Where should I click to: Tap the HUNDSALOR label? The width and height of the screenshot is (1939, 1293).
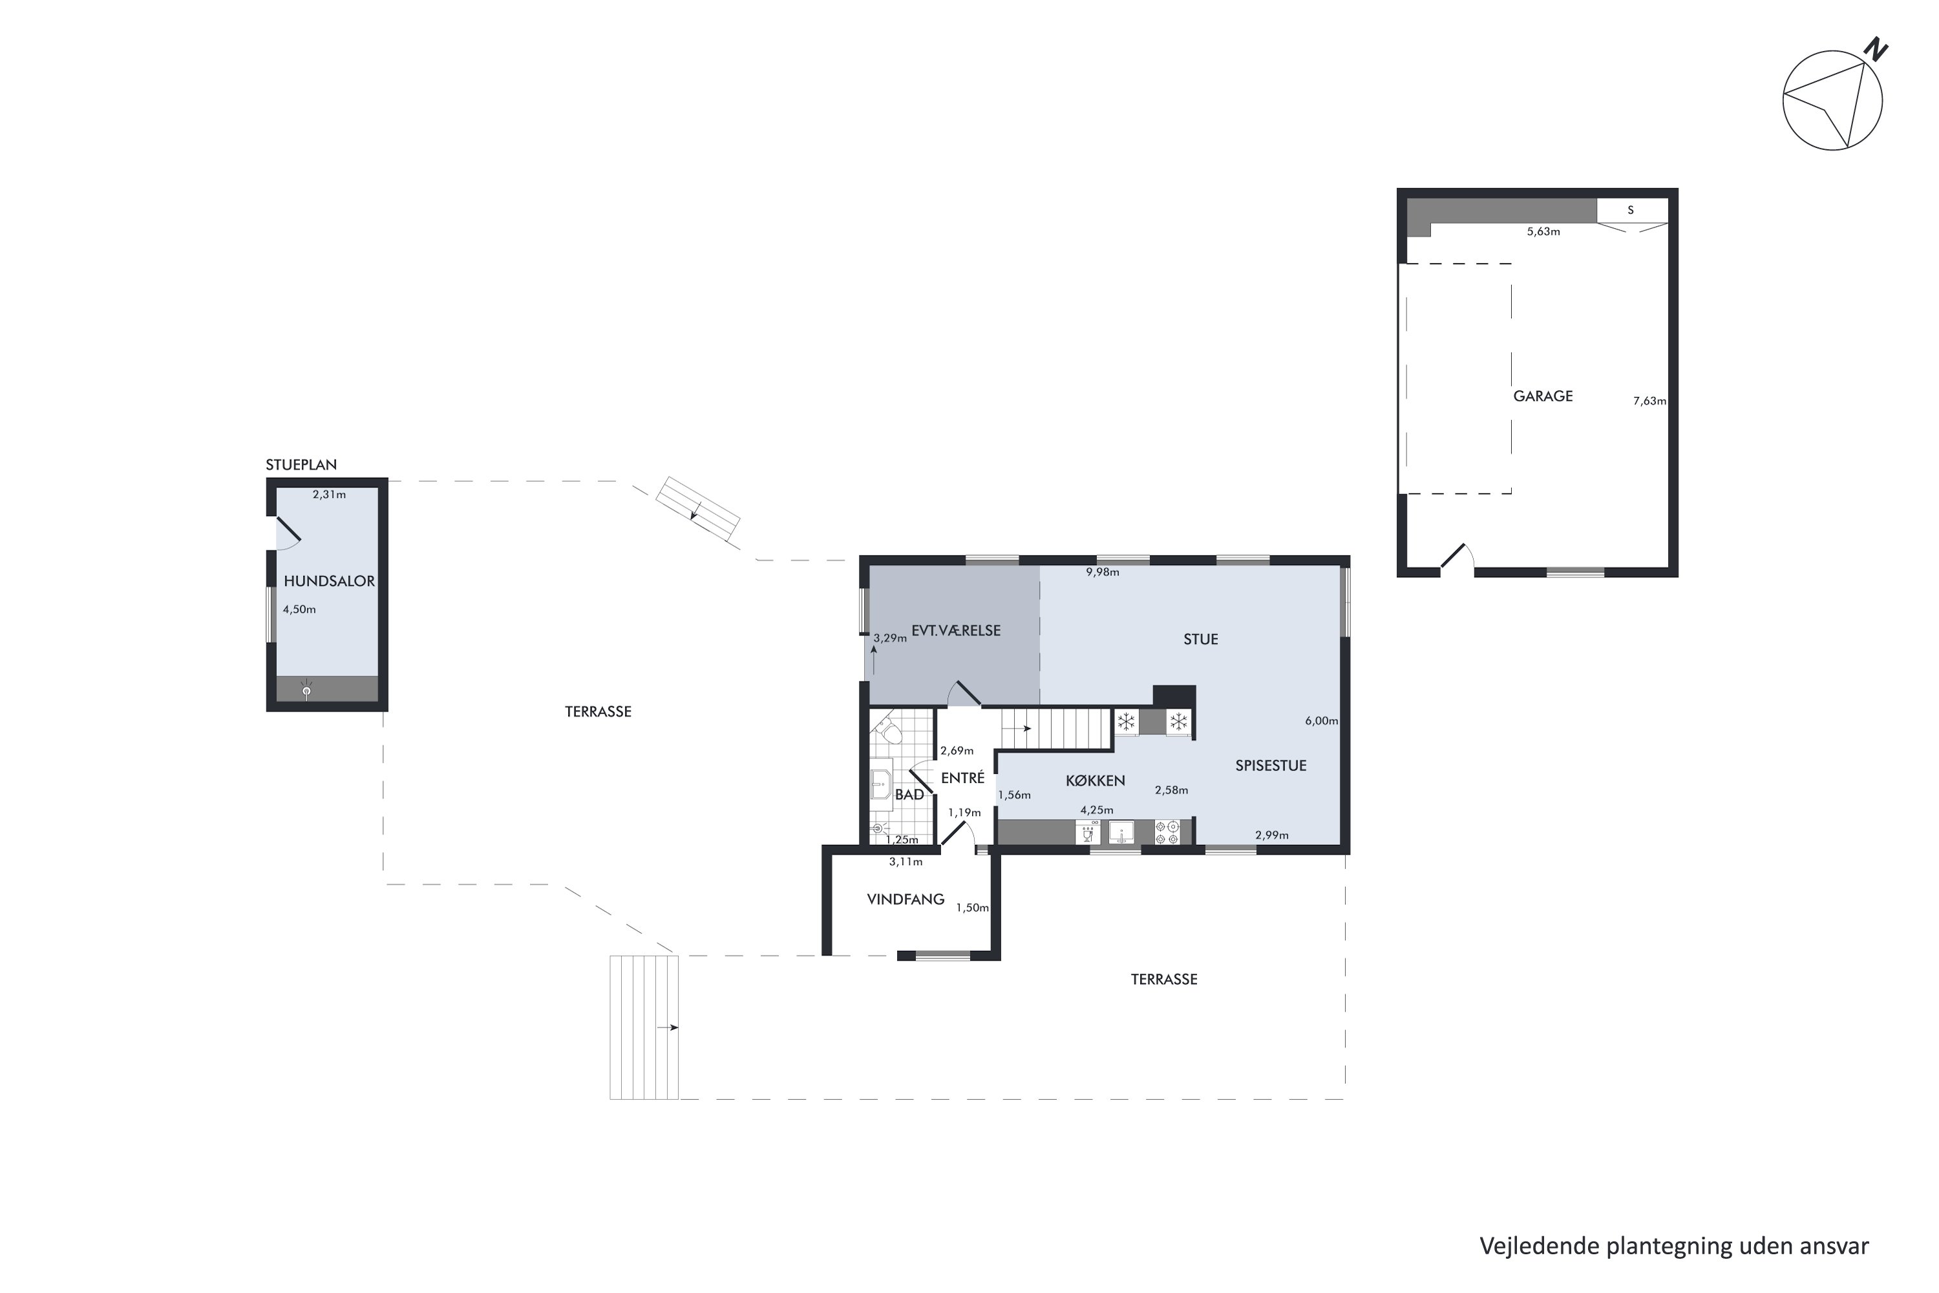(x=329, y=581)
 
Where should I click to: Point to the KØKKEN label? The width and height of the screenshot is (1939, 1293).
(x=1095, y=780)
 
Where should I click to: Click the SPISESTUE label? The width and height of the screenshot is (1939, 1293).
(x=1271, y=765)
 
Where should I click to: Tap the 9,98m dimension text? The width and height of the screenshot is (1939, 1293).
(x=1102, y=572)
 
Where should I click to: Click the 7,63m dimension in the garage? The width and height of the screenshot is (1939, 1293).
(x=1649, y=401)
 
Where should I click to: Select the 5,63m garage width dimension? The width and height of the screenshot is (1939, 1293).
(x=1543, y=231)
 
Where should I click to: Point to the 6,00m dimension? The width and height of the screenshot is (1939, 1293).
(x=1322, y=721)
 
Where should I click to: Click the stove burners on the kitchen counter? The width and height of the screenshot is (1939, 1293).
(x=1167, y=832)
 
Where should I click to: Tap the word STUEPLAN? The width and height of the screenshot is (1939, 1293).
(x=301, y=465)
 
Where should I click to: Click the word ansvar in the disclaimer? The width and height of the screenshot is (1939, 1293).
(x=1834, y=1246)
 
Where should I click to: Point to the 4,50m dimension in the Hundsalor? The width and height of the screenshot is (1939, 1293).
(x=299, y=610)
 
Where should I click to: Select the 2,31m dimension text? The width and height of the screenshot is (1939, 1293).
(x=329, y=495)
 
